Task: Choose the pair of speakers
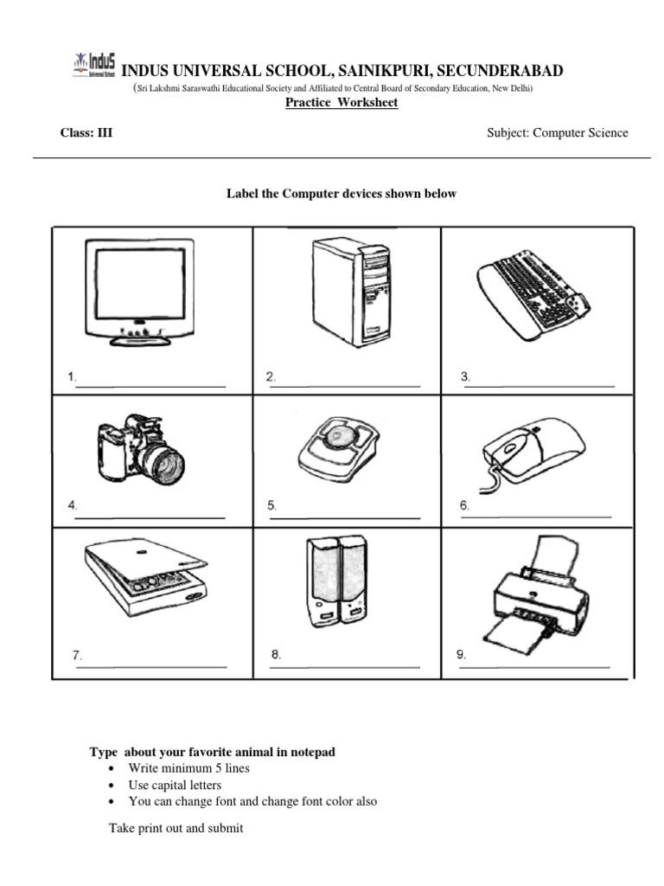(335, 579)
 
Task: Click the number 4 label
(73, 505)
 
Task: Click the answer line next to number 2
(346, 386)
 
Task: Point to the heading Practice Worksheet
(342, 103)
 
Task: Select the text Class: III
(86, 132)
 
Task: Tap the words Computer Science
(580, 132)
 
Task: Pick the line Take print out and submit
(176, 828)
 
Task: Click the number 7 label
(77, 656)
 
